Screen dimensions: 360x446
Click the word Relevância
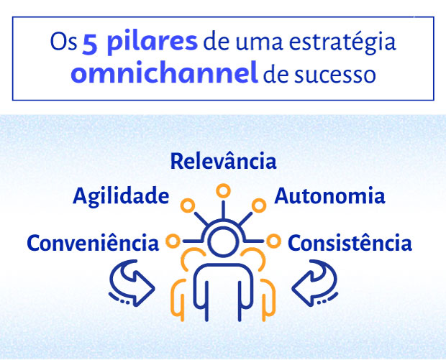(x=223, y=161)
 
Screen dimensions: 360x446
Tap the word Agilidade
(x=121, y=196)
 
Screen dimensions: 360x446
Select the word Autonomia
(x=329, y=196)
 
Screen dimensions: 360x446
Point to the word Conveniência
(x=93, y=243)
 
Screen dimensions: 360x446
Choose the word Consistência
(x=350, y=243)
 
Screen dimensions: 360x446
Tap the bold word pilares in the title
(x=150, y=42)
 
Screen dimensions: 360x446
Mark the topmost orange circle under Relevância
(x=223, y=190)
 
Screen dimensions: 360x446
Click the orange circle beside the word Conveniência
(x=173, y=240)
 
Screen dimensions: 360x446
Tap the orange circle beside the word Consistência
(x=273, y=240)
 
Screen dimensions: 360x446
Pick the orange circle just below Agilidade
(x=188, y=206)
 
